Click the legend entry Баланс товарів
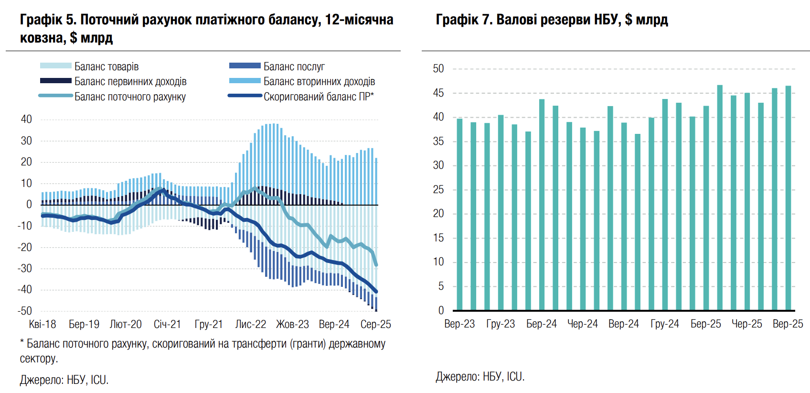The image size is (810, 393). [106, 66]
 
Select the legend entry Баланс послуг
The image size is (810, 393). [294, 66]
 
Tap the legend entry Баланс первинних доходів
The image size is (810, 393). [130, 82]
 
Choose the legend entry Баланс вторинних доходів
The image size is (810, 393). [319, 82]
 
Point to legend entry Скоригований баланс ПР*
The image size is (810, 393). [319, 97]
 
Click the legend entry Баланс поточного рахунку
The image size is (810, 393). [130, 97]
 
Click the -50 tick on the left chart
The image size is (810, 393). [25, 311]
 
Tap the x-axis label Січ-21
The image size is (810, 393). [167, 324]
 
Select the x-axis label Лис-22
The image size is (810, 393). [251, 324]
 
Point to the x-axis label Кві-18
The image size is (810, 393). [43, 324]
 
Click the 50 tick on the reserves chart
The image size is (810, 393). [438, 69]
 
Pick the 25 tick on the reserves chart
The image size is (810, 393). [438, 190]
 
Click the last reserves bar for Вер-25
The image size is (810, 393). [788, 198]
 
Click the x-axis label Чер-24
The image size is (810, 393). [583, 324]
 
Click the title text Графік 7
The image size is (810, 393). [463, 20]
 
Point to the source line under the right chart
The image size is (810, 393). [480, 377]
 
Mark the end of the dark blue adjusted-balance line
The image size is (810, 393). [376, 292]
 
